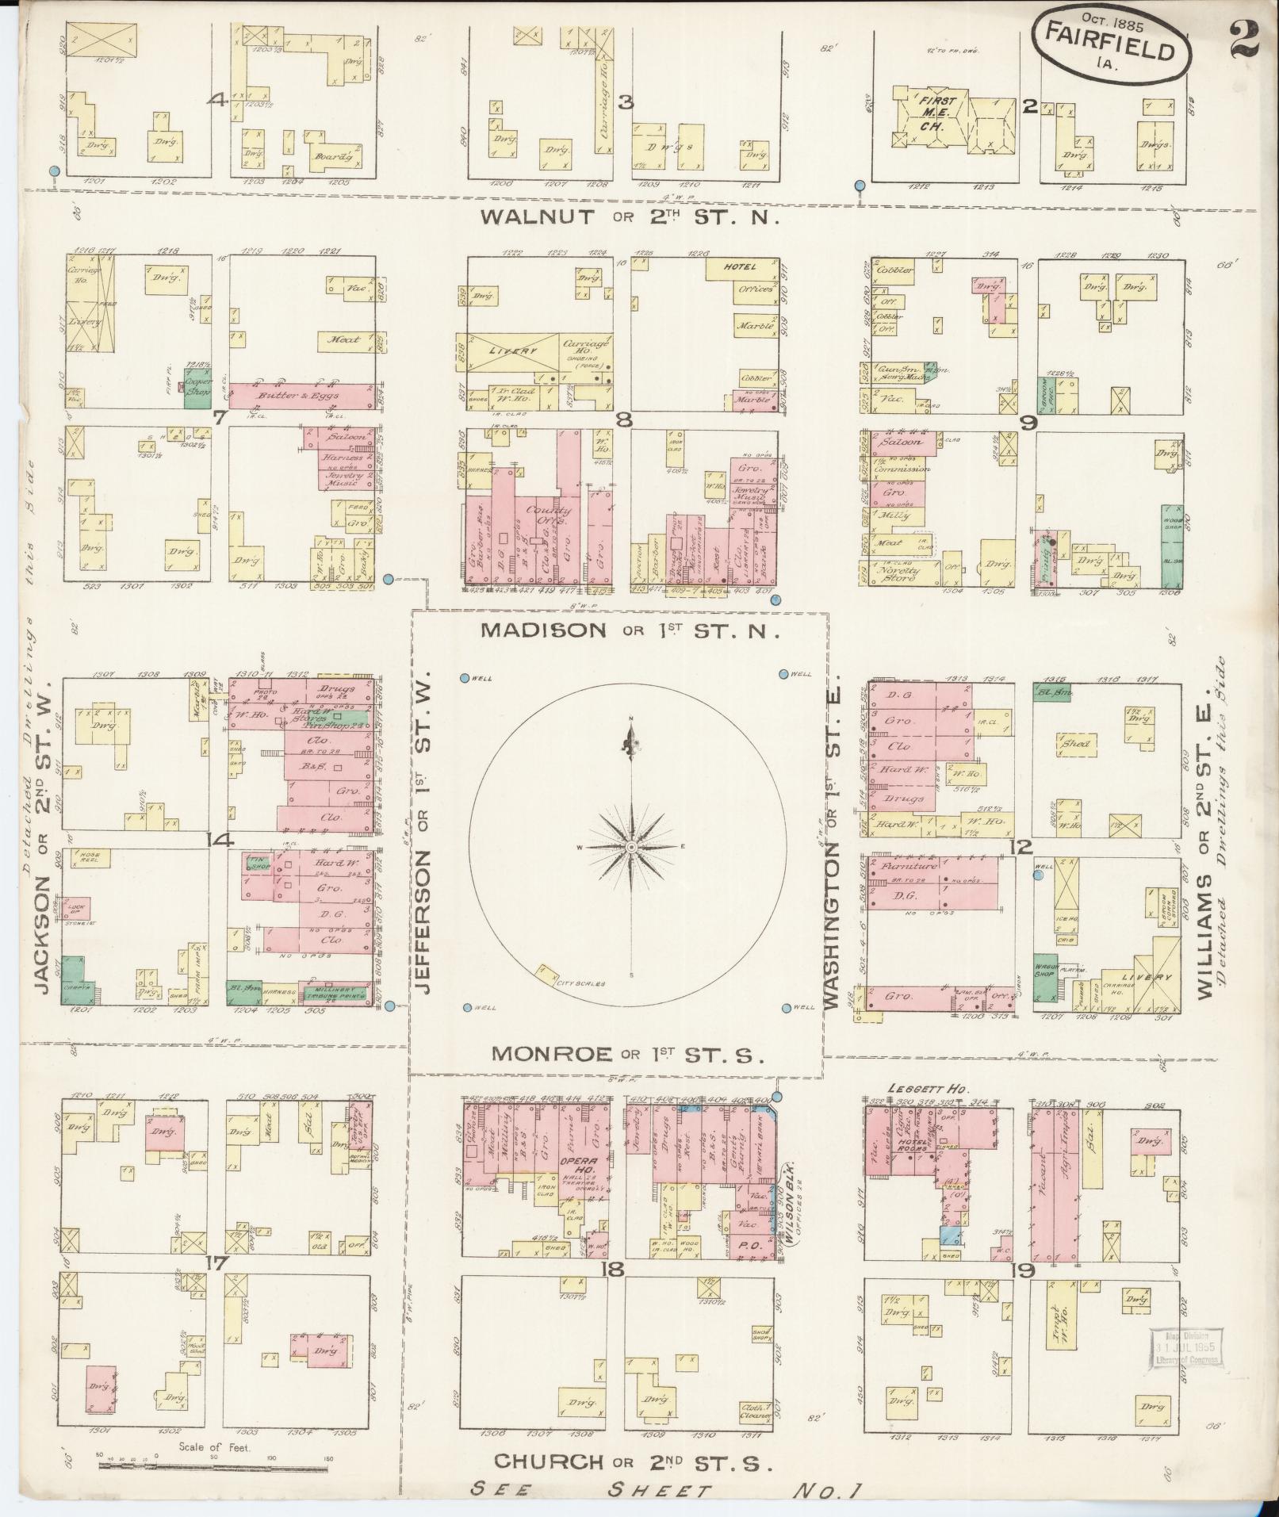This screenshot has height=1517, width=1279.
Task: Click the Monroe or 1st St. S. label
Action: tap(626, 1054)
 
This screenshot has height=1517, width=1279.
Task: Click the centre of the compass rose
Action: tap(631, 848)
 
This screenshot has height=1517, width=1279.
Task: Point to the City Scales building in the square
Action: tap(547, 974)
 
